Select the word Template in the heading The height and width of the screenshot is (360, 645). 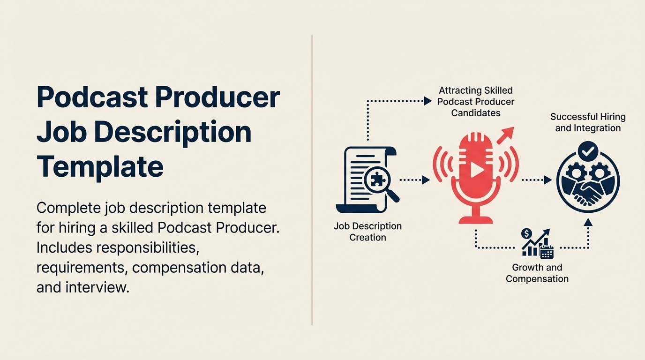pyautogui.click(x=100, y=166)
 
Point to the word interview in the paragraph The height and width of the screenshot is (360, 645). pyautogui.click(x=97, y=287)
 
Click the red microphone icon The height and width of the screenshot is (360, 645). pyautogui.click(x=475, y=176)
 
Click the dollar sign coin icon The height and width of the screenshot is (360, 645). pyautogui.click(x=526, y=233)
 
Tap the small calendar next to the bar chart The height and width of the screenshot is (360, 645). pyautogui.click(x=547, y=252)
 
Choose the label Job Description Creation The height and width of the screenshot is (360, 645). pyautogui.click(x=367, y=232)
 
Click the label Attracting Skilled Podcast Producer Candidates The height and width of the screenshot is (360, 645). pyautogui.click(x=475, y=101)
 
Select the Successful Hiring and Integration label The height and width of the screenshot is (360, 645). pyautogui.click(x=588, y=122)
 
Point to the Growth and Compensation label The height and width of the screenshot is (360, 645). pyautogui.click(x=537, y=273)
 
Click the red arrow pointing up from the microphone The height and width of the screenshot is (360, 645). pyautogui.click(x=506, y=135)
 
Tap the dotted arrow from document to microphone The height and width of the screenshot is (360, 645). pyautogui.click(x=414, y=180)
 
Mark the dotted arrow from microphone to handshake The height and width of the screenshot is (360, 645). pyautogui.click(x=536, y=180)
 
